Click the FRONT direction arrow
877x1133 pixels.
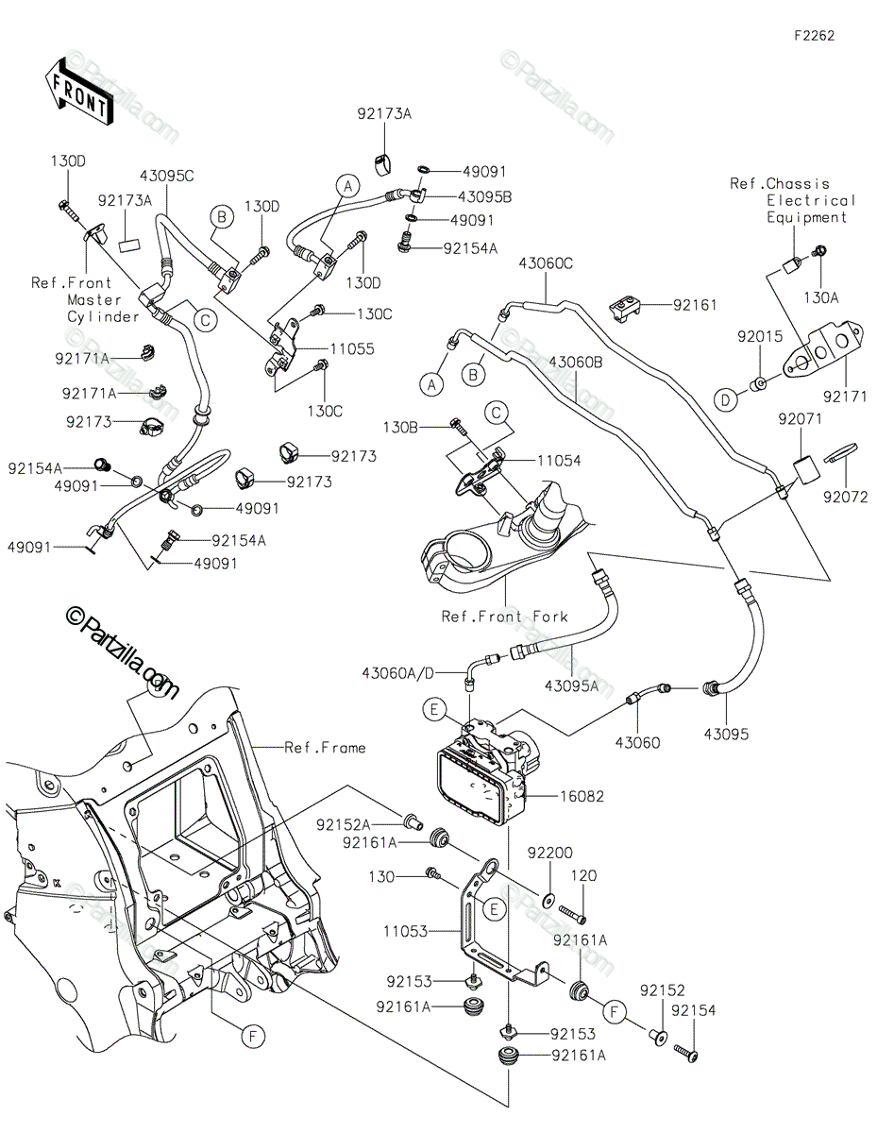[x=78, y=90]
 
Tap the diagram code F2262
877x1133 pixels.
[x=814, y=36]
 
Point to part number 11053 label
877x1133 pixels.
[x=405, y=931]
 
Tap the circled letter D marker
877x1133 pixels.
[x=724, y=401]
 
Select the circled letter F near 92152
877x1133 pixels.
[x=615, y=1014]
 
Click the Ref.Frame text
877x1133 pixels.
[x=325, y=748]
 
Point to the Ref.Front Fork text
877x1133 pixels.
[x=505, y=617]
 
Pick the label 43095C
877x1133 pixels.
[x=166, y=176]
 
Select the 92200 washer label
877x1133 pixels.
[x=576, y=853]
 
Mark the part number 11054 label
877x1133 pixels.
[x=562, y=461]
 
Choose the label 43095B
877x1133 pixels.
[x=458, y=196]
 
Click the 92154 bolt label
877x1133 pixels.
[x=694, y=1010]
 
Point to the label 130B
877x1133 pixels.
[x=427, y=428]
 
